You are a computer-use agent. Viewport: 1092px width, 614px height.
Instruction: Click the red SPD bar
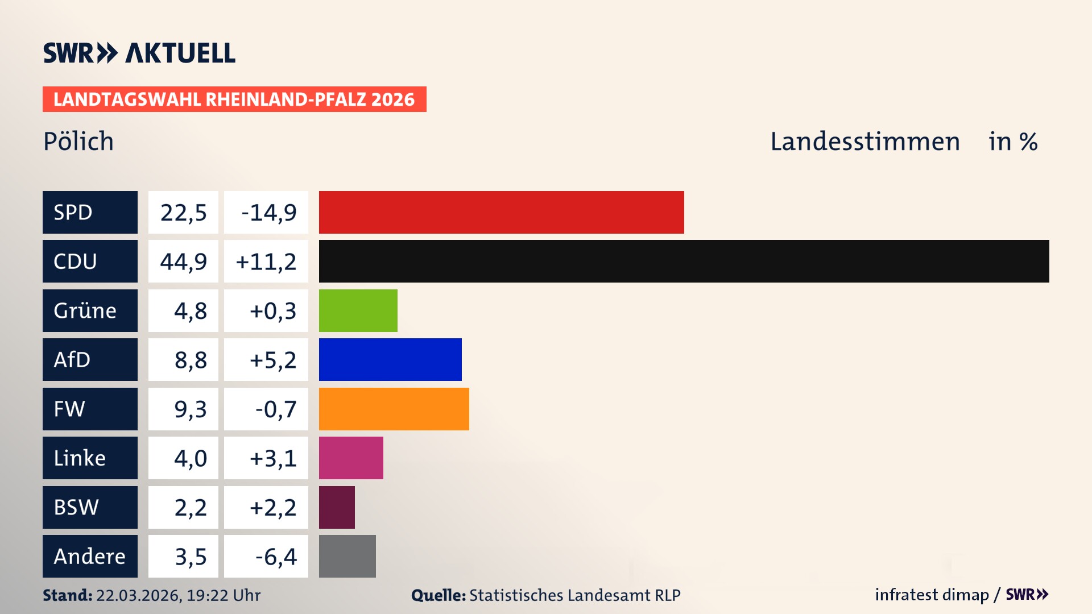point(501,212)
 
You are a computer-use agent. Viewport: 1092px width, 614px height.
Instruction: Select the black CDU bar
point(684,261)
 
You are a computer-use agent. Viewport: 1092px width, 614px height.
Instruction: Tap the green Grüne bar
point(358,310)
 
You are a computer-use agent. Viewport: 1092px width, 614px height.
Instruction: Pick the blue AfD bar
point(390,359)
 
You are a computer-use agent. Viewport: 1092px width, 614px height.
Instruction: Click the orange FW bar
point(394,409)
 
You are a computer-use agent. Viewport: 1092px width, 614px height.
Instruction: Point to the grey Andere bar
point(347,556)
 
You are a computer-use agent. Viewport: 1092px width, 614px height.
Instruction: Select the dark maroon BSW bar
point(337,507)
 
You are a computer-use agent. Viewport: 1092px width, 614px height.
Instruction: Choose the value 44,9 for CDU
point(183,262)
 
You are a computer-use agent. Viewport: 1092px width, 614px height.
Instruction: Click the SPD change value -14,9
point(268,213)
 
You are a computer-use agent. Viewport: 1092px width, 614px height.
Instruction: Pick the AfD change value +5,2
point(272,360)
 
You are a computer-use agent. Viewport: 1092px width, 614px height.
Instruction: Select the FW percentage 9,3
point(190,409)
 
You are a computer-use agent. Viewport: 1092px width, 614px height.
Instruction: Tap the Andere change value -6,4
point(275,557)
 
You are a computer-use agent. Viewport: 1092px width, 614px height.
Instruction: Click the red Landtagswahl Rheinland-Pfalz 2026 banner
point(234,99)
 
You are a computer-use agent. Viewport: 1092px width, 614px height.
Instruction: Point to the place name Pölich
point(78,141)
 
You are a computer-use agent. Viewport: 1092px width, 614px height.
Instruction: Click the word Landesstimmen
point(864,141)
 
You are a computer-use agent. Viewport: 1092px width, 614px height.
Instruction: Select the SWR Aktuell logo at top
point(139,53)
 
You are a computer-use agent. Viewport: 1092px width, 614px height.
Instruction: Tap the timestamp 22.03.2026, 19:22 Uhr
point(178,595)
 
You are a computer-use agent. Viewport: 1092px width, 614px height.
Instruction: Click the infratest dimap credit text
point(932,595)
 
